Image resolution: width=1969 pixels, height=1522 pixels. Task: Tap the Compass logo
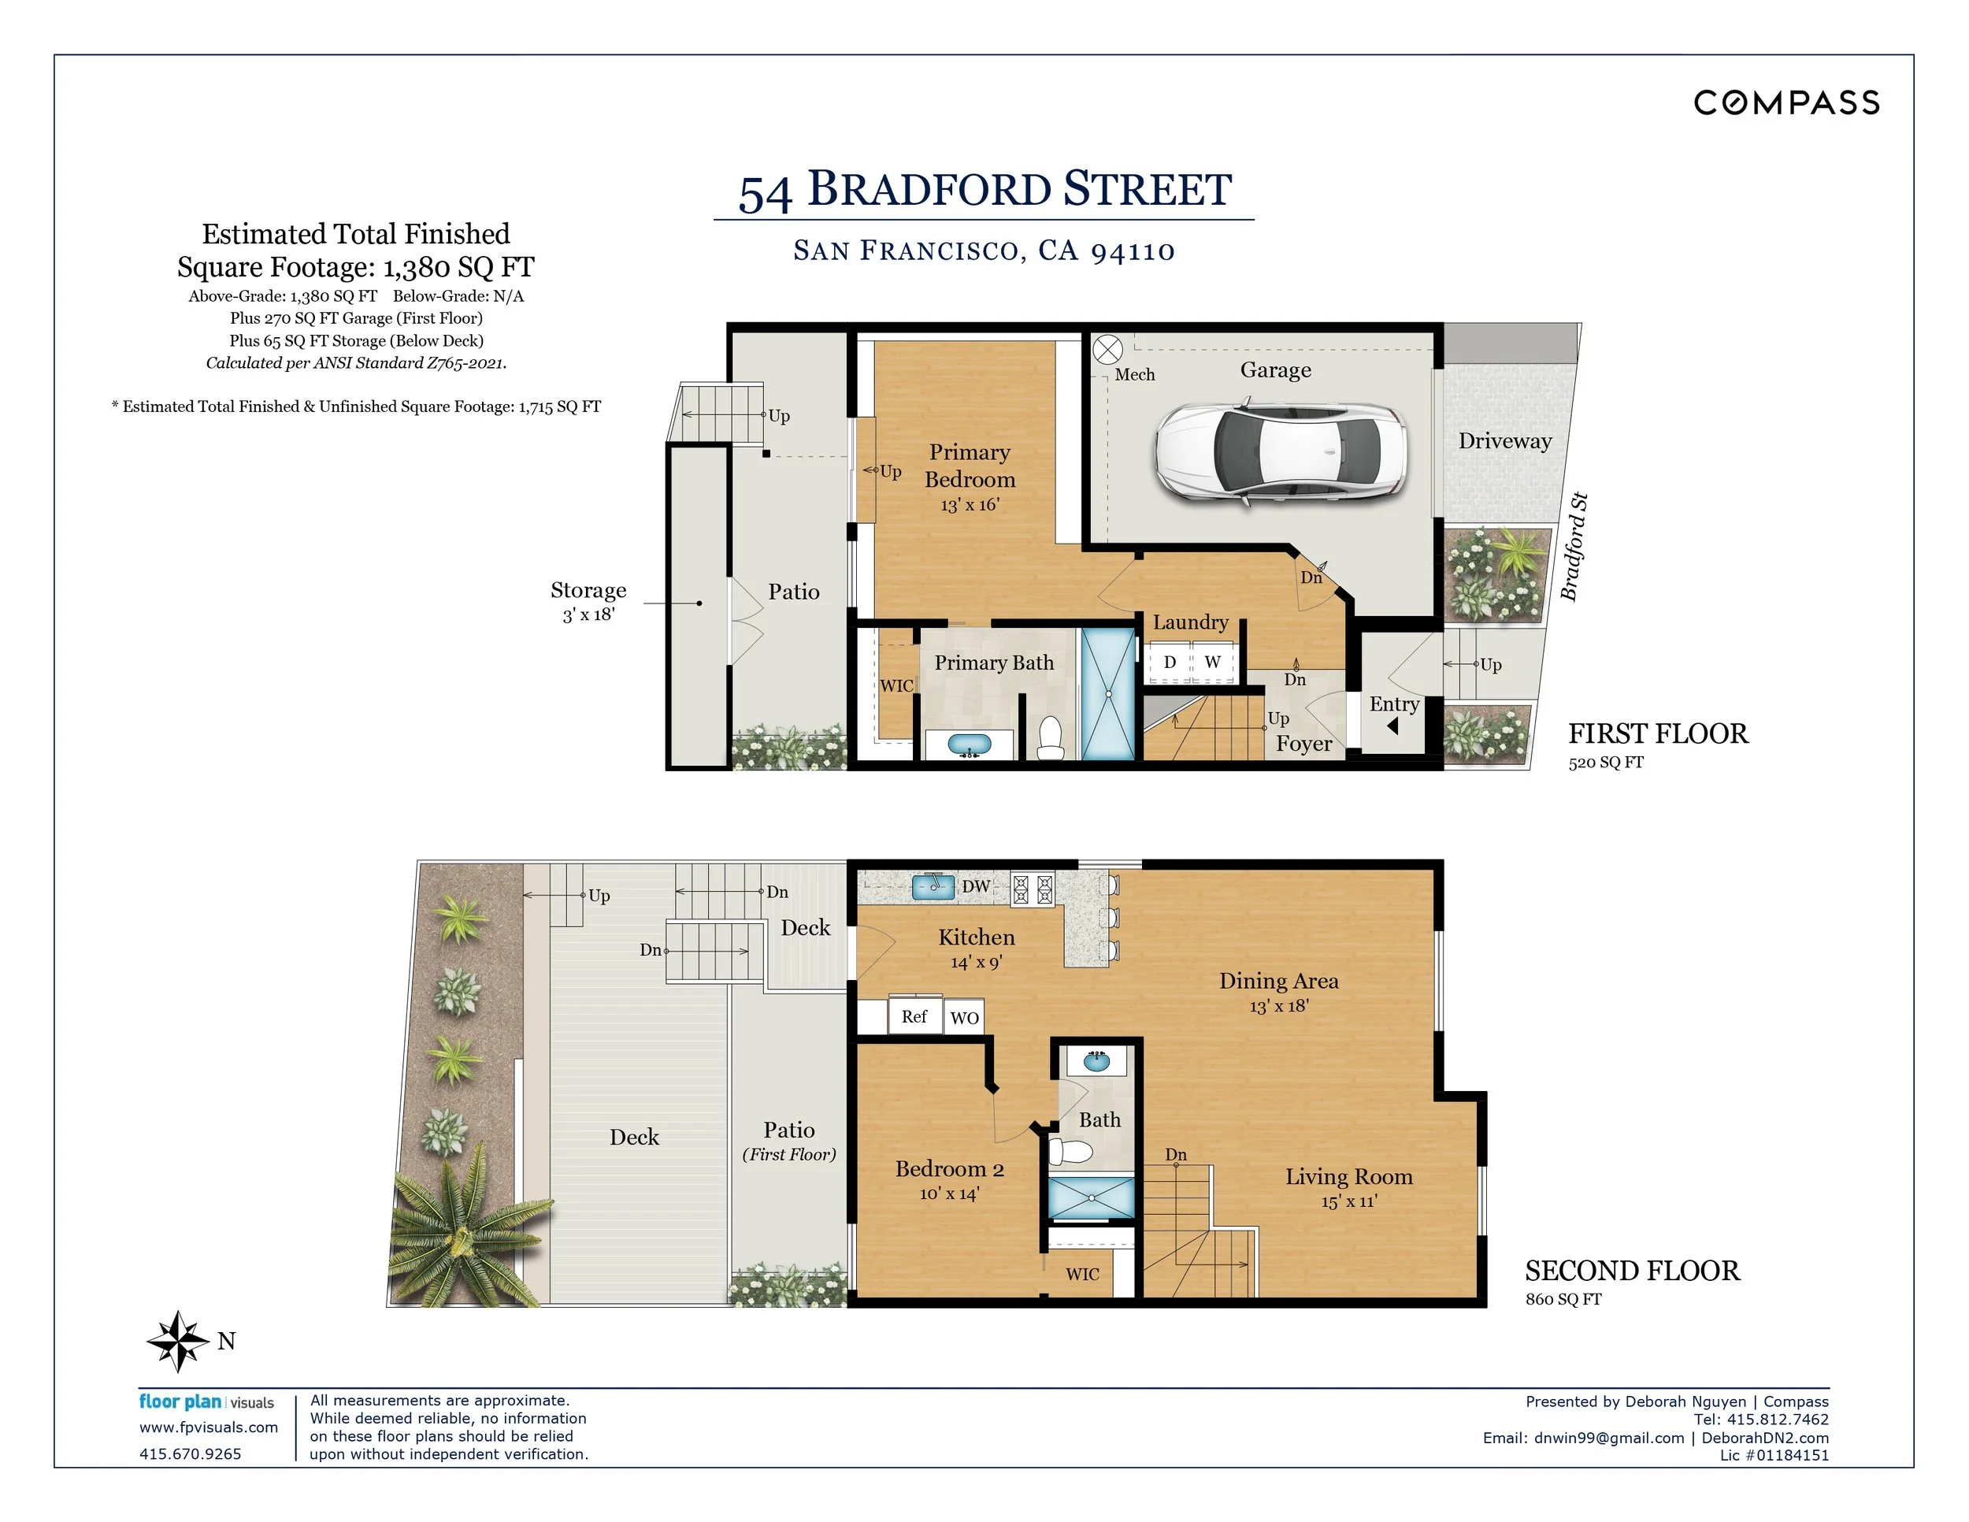[x=1786, y=102]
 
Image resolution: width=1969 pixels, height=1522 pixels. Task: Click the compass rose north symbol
[x=179, y=1341]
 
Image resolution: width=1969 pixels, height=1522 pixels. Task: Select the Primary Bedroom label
[x=970, y=466]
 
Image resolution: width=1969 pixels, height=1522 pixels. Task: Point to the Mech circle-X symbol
[x=1107, y=350]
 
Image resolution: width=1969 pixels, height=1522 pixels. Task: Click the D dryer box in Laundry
[x=1170, y=662]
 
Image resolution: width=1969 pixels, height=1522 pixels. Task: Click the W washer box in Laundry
[x=1214, y=662]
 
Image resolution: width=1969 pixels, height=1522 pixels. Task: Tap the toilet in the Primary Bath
[x=1051, y=737]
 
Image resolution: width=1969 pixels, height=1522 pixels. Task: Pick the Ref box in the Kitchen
[x=915, y=1016]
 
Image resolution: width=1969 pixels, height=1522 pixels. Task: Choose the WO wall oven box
[x=964, y=1017]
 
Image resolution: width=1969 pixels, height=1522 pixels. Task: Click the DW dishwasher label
[x=976, y=886]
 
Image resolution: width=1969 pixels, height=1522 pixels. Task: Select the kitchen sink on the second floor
[x=933, y=887]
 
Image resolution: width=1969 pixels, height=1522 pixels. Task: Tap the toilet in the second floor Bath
[x=1071, y=1152]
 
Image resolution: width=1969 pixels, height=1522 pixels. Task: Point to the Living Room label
[x=1348, y=1177]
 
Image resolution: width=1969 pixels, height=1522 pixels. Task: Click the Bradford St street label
[x=1574, y=548]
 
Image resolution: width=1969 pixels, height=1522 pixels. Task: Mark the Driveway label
[x=1504, y=441]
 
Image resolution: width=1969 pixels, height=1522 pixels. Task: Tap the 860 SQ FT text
[x=1563, y=1299]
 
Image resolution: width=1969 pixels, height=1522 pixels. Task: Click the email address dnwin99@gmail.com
[x=1608, y=1438]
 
